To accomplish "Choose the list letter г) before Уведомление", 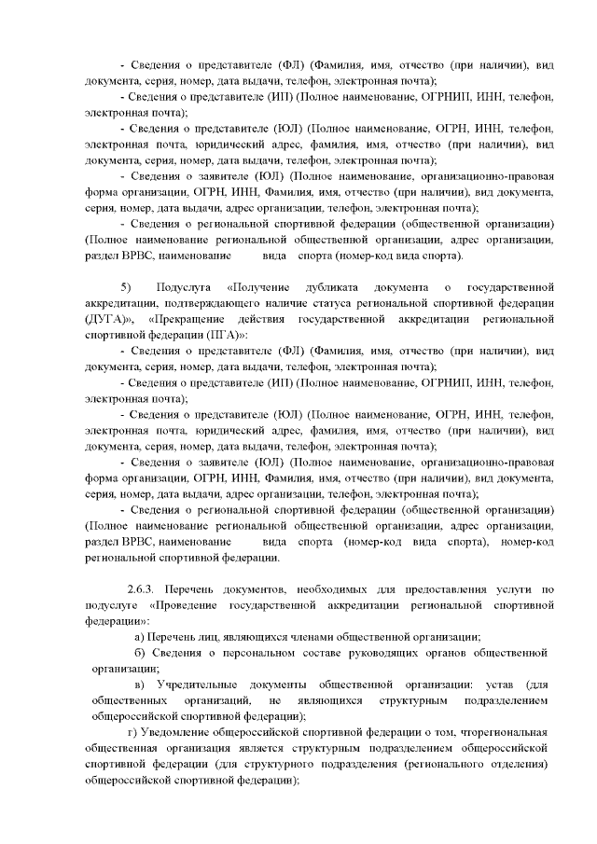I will point(132,732).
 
